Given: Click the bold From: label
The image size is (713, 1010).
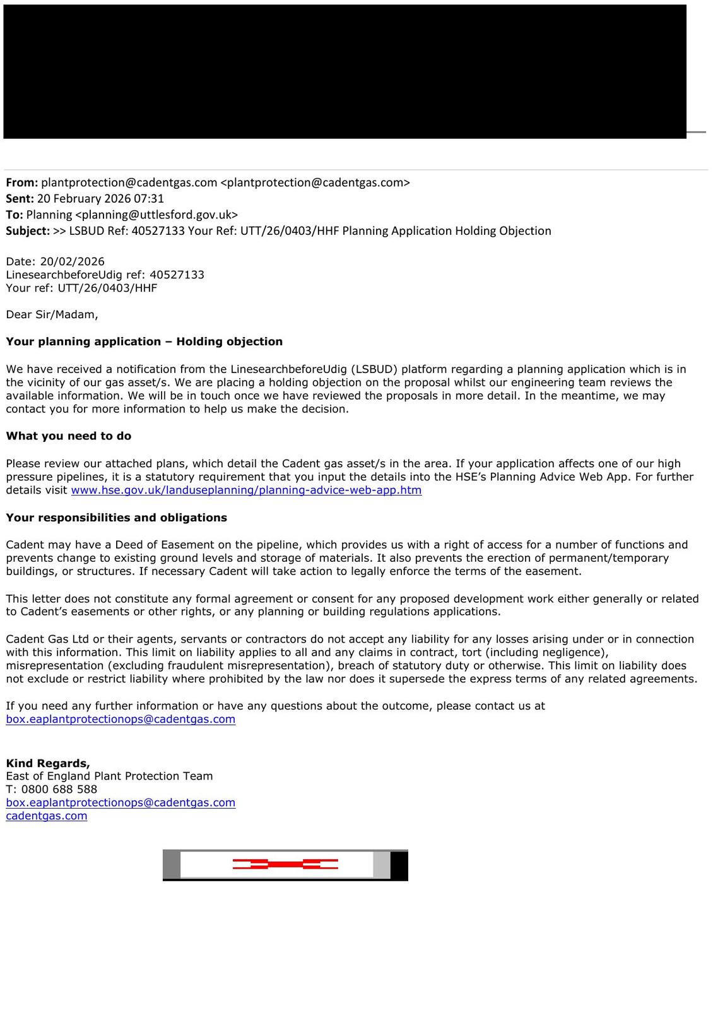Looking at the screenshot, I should coord(22,183).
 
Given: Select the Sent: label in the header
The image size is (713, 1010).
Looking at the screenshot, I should coord(20,199).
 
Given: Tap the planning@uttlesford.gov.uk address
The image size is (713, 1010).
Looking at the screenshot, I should coord(156,215).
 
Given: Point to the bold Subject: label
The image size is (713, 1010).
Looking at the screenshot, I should coord(28,231).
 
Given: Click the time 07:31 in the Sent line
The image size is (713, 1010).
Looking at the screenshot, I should coord(149,199).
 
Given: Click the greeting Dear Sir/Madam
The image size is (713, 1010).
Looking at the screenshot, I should coord(52,314).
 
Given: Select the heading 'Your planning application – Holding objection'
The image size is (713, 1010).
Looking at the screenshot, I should coord(144,342).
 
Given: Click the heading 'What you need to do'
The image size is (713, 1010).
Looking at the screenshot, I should coord(69,436).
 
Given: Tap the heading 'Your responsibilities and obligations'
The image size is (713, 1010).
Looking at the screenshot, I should coord(117,518).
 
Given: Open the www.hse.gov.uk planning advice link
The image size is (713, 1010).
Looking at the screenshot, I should coord(246,490).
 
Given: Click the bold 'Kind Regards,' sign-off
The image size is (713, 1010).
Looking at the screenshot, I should coord(48,763).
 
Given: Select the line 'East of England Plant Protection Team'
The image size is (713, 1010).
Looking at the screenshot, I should coord(109,776).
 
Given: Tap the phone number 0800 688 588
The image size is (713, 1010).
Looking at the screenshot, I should coord(59,790).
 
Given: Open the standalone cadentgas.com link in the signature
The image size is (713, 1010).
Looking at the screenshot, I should coord(47,816).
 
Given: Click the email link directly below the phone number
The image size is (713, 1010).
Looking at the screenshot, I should coord(121,803).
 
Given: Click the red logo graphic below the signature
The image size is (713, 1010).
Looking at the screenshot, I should coord(285,865).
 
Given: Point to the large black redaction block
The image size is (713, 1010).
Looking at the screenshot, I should coord(345,71).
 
